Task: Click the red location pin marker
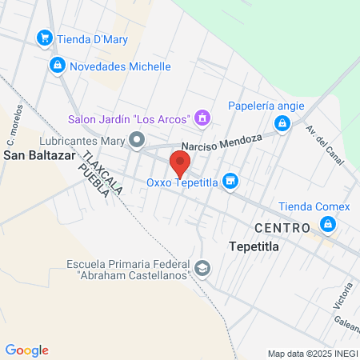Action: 180,165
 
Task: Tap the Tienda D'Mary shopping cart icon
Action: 45,38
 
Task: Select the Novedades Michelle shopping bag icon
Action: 57,66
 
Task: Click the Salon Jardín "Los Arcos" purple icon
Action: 202,119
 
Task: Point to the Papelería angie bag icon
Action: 282,123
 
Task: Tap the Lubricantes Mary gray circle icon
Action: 138,142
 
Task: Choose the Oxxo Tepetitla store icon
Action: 230,182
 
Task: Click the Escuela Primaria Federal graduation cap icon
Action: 203,268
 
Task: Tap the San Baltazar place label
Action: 39,155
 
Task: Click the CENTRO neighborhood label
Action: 282,228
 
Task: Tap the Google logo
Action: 27,350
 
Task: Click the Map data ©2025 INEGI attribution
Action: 311,354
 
